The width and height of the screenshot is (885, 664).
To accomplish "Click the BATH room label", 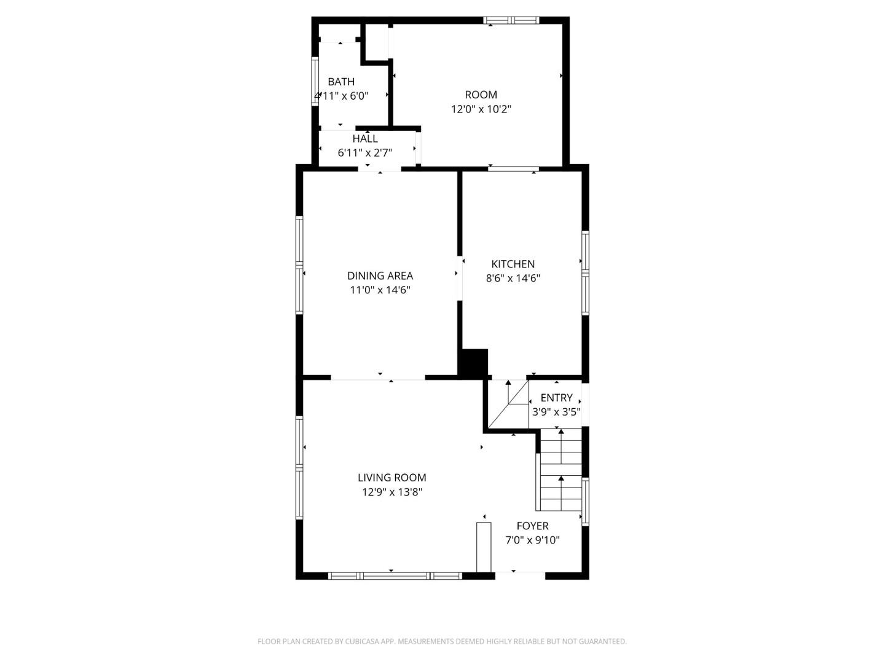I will [341, 82].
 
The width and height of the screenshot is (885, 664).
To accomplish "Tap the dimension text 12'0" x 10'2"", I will [481, 109].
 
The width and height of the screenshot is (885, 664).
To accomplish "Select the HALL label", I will [365, 139].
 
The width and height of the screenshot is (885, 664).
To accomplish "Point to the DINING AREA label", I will [380, 276].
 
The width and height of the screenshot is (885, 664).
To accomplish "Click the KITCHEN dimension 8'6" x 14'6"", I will [513, 278].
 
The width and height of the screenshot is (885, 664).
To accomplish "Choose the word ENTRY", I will [556, 398].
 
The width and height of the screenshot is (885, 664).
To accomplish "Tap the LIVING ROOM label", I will [392, 478].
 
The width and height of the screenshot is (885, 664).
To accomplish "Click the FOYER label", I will [532, 526].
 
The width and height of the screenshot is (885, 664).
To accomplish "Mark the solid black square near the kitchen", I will [474, 363].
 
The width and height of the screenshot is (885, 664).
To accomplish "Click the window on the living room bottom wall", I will [395, 576].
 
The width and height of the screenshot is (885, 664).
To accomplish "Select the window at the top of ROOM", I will [511, 20].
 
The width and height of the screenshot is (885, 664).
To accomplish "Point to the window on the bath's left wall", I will [315, 82].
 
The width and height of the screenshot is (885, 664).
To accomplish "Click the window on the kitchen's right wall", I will [585, 273].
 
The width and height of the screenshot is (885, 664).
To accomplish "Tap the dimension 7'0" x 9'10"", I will [532, 541].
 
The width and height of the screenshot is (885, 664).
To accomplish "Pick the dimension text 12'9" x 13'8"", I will [392, 492].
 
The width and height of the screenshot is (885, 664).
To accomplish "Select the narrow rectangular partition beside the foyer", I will [484, 547].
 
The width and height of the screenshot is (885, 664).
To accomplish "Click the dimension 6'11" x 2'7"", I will [365, 153].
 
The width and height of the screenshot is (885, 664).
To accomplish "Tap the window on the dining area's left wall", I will [300, 265].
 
